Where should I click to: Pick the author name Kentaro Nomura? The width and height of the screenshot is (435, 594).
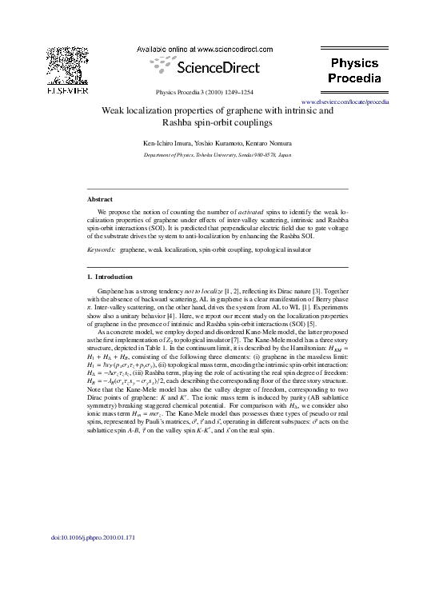pos(271,142)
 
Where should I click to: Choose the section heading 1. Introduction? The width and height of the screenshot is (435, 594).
pos(113,277)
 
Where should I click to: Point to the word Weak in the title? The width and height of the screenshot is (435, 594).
pos(116,111)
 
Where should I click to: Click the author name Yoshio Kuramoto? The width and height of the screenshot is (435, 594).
pos(221,142)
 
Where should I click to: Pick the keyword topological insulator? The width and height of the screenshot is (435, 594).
pos(286,249)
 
